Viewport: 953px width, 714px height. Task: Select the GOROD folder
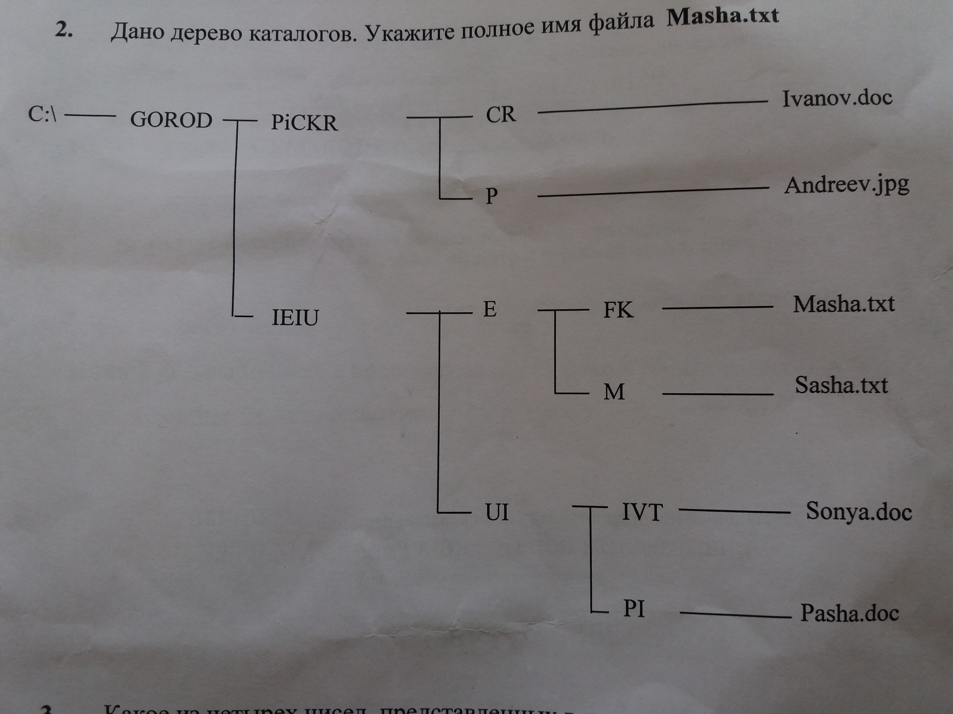pos(171,120)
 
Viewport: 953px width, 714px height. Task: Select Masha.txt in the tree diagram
pos(844,304)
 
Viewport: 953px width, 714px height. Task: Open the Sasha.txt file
pos(841,385)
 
